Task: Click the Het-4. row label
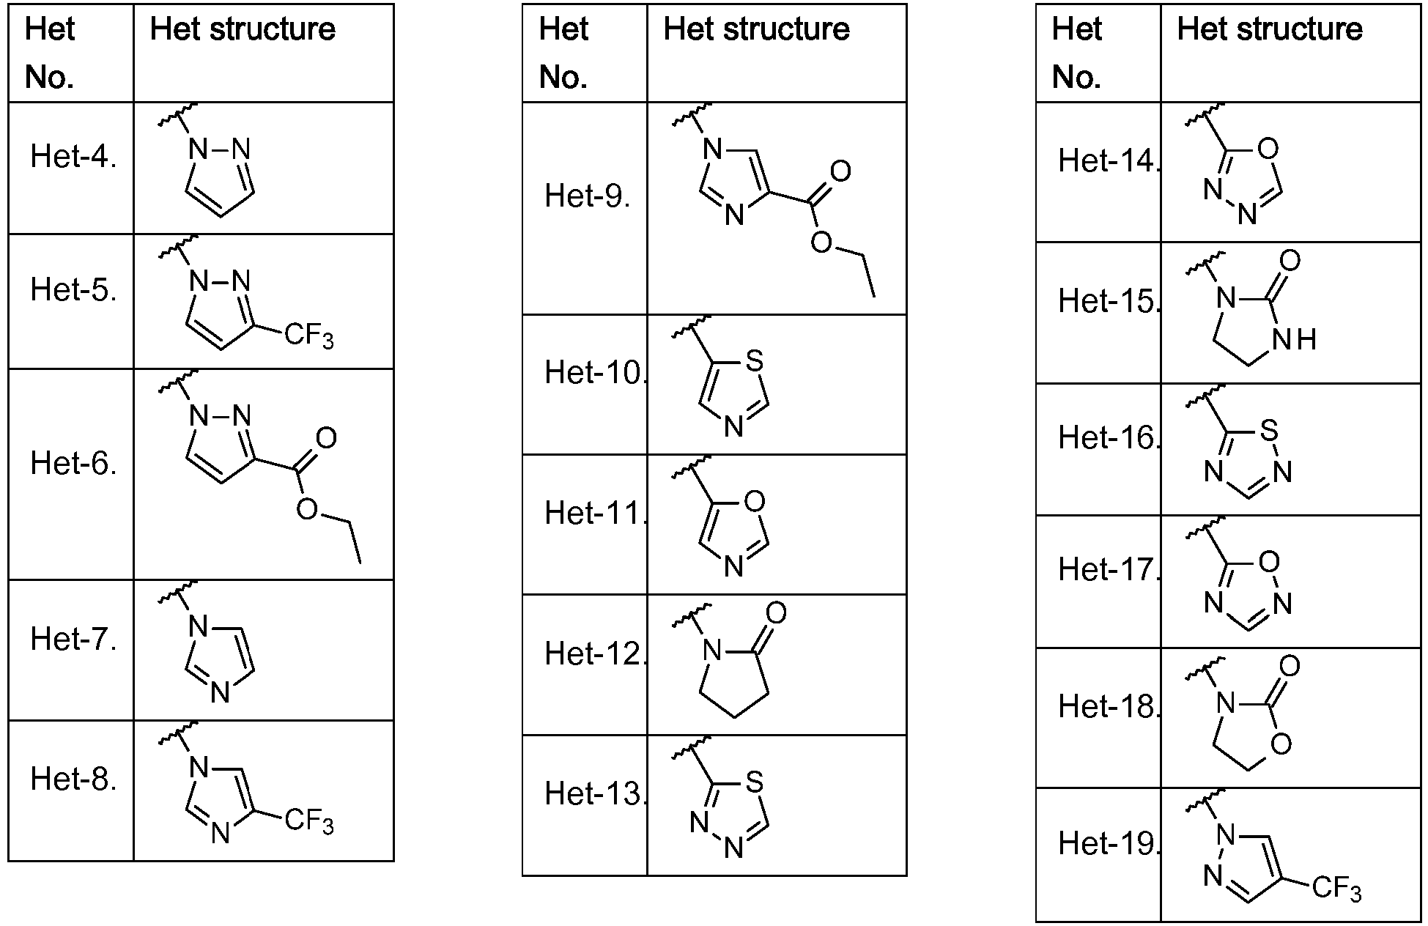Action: (73, 158)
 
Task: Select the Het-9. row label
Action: (588, 196)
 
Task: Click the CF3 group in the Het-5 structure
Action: (308, 338)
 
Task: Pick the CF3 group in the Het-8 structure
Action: (308, 821)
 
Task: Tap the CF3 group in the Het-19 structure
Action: (1336, 889)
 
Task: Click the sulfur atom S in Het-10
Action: (753, 360)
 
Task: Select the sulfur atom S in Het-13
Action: (753, 782)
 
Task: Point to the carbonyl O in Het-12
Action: (775, 612)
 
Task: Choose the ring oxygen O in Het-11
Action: (753, 501)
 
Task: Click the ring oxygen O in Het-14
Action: (1268, 149)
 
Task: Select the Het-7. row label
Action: (73, 640)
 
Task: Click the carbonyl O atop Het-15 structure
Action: (1290, 261)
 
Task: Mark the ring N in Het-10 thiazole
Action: (733, 427)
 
